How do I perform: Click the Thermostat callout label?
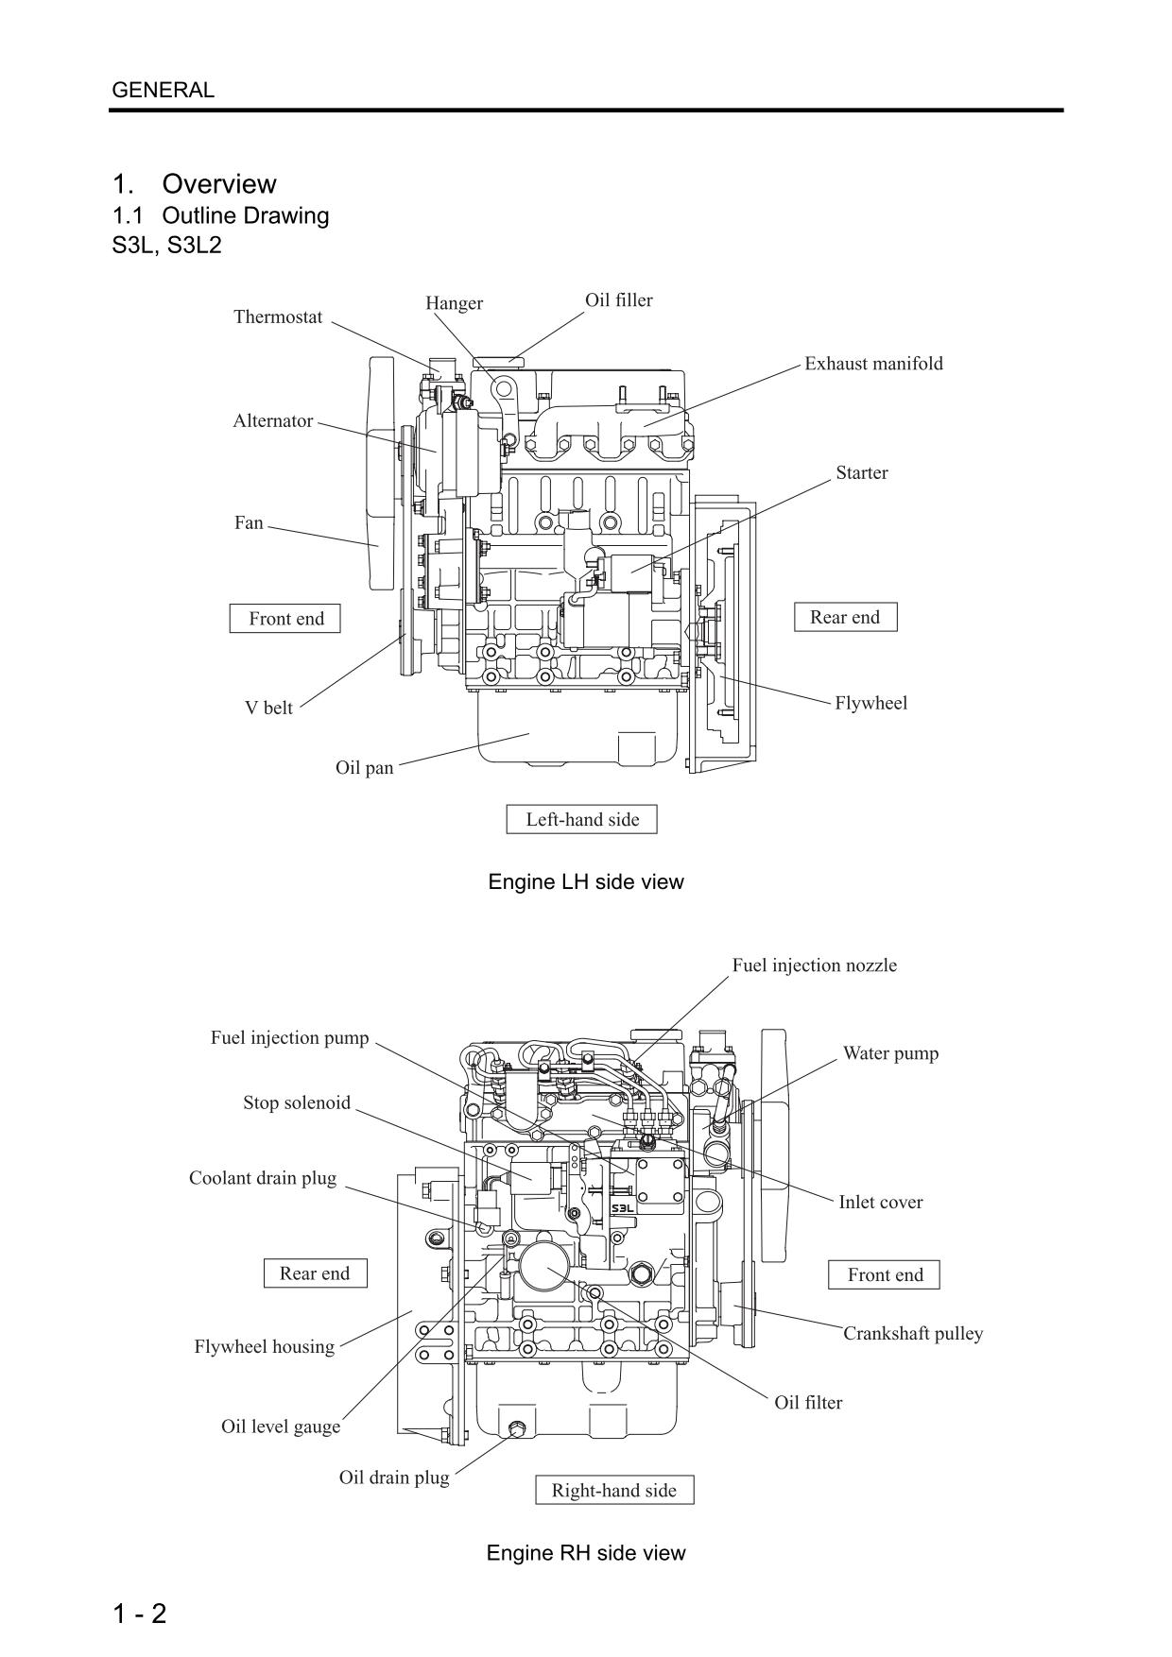click(278, 317)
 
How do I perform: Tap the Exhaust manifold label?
click(873, 364)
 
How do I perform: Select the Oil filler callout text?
click(618, 300)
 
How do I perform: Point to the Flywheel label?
click(870, 703)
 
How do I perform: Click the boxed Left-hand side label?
click(582, 820)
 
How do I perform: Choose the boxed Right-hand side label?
click(614, 1491)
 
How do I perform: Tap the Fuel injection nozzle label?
click(814, 965)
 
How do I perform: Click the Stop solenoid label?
click(297, 1103)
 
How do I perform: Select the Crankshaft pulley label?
click(913, 1334)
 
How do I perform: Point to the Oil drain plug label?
click(394, 1478)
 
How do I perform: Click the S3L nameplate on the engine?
click(624, 1208)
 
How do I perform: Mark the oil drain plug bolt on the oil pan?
click(517, 1428)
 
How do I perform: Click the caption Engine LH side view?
click(586, 882)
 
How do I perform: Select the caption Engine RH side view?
click(586, 1553)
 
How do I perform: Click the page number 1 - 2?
click(140, 1614)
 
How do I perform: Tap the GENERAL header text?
click(164, 91)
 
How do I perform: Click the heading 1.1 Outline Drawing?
click(221, 215)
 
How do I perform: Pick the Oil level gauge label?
click(281, 1426)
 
